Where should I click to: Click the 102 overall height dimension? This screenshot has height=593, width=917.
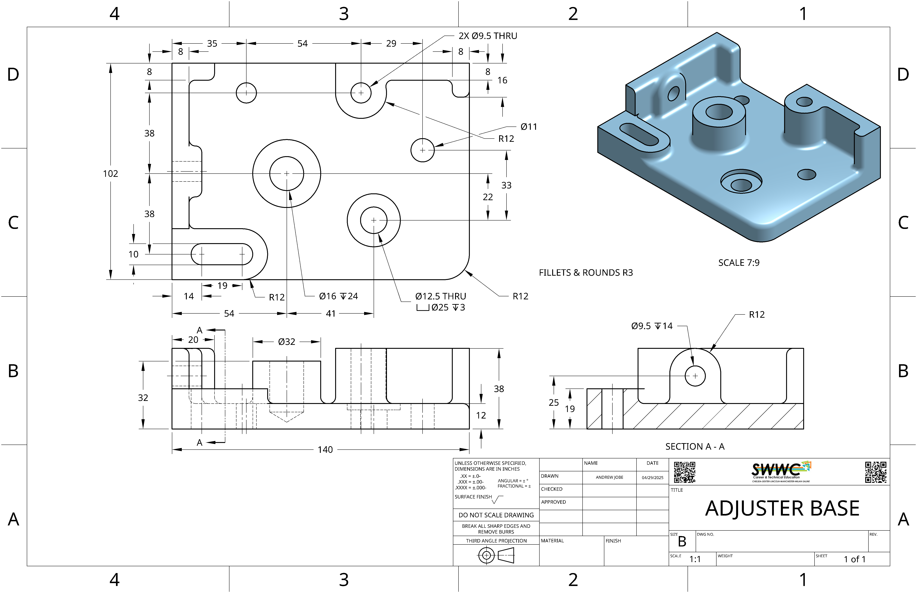111,174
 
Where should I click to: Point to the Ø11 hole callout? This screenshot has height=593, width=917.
529,127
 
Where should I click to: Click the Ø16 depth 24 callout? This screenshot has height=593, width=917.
338,296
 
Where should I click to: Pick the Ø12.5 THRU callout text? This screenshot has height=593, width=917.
440,296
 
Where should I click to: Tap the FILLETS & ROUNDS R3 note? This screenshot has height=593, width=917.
586,273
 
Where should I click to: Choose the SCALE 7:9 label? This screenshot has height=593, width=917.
739,263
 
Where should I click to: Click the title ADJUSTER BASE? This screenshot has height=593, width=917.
782,508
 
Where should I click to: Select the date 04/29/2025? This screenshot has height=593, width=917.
652,477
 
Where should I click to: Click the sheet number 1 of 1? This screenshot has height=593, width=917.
855,559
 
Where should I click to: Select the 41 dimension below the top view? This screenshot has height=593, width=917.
331,313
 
